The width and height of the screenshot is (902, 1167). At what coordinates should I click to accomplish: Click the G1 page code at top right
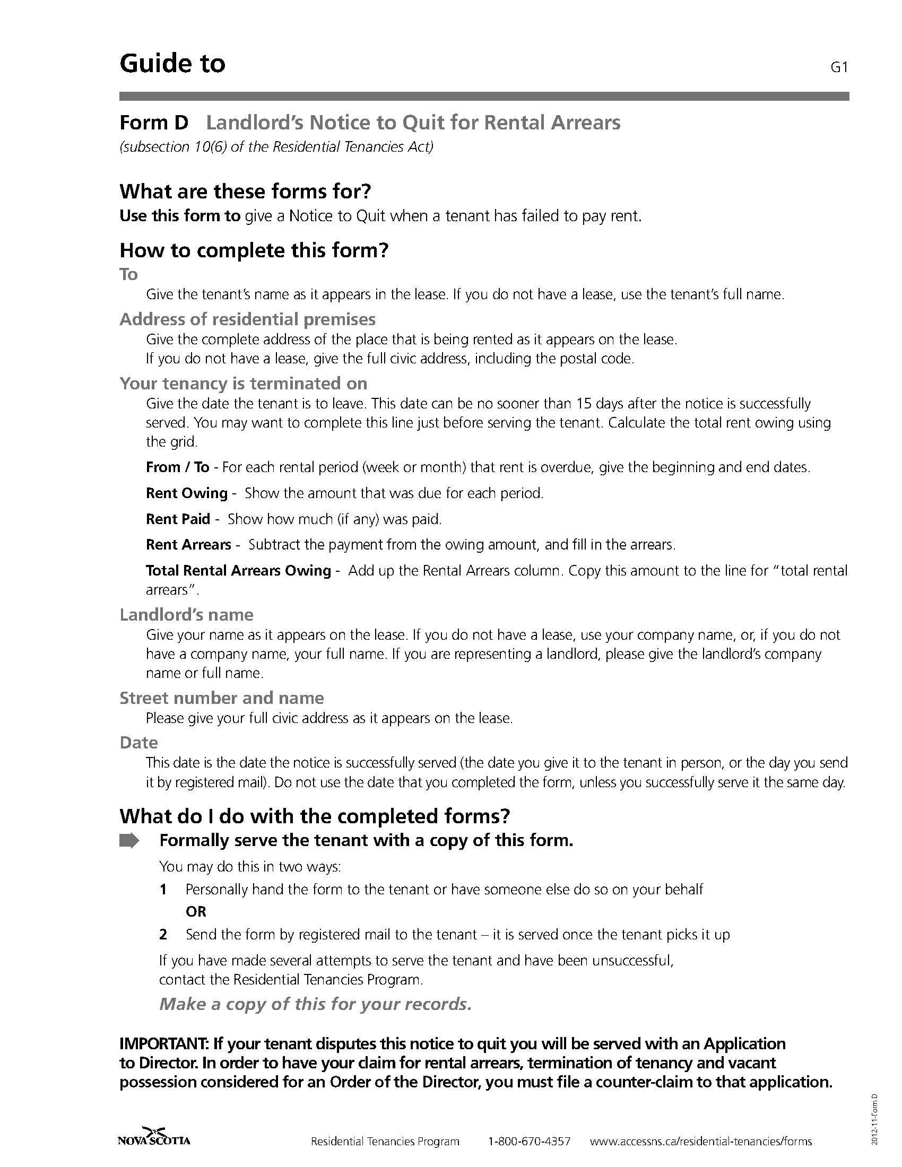click(x=839, y=67)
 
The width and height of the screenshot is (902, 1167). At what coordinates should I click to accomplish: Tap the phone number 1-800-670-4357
click(x=529, y=1142)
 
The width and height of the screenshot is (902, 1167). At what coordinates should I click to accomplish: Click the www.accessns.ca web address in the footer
click(x=700, y=1142)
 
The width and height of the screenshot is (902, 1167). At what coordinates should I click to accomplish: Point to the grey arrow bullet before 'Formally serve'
click(x=129, y=841)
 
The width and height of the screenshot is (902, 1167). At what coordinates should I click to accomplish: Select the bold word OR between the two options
click(x=196, y=911)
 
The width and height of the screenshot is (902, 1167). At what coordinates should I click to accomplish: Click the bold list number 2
click(x=163, y=935)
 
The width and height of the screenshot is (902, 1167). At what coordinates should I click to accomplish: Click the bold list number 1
click(x=163, y=889)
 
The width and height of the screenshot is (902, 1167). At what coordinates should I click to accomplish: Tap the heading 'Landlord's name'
click(x=186, y=614)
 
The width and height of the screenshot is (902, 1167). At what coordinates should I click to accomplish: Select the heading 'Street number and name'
click(x=222, y=698)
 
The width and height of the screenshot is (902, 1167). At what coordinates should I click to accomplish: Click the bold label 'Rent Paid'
click(x=178, y=519)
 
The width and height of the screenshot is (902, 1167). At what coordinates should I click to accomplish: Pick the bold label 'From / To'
click(x=177, y=467)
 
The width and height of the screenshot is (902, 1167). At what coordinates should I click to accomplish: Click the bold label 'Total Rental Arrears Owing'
click(x=238, y=570)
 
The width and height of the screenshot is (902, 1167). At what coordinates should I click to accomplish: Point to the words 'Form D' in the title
click(x=154, y=123)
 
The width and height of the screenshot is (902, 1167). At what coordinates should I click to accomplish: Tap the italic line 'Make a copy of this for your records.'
click(x=316, y=1004)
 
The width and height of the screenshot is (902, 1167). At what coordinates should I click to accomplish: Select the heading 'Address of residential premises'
click(x=247, y=319)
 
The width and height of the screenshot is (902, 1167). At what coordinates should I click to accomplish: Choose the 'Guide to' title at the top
click(x=172, y=63)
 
